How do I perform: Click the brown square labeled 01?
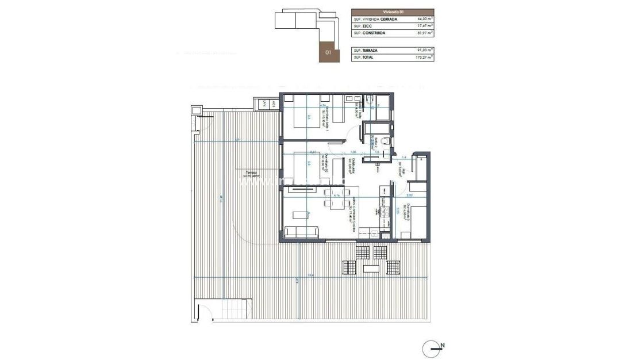329,52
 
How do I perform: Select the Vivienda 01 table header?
393,12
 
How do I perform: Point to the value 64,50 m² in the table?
425,19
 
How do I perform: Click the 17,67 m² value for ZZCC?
425,26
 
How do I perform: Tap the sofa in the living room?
302,232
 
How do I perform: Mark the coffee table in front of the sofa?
301,215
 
